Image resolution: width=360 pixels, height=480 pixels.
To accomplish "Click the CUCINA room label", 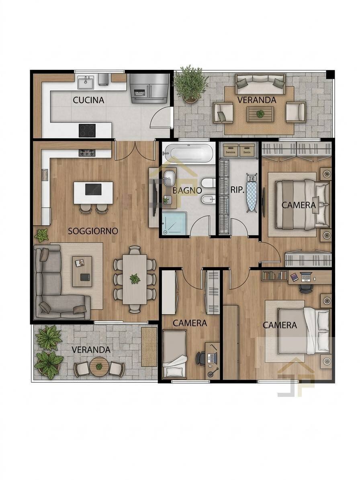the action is pyautogui.click(x=88, y=100).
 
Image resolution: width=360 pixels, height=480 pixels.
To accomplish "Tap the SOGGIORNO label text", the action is pyautogui.click(x=93, y=231).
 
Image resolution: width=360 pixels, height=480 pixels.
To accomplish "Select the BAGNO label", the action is pyautogui.click(x=187, y=190).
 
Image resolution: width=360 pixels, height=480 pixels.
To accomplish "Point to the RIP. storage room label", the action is pyautogui.click(x=237, y=190).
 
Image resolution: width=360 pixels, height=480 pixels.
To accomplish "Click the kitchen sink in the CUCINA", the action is pyautogui.click(x=86, y=82).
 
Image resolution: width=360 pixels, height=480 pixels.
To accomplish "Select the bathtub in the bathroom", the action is pyautogui.click(x=188, y=153).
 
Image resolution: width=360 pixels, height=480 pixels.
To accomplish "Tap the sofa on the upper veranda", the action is pyautogui.click(x=260, y=84).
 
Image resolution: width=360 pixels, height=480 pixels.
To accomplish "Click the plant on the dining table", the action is pyautogui.click(x=134, y=279).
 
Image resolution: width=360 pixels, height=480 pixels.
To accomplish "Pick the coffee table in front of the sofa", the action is pyautogui.click(x=82, y=271).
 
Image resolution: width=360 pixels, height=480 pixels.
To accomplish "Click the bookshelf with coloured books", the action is pyautogui.click(x=274, y=275).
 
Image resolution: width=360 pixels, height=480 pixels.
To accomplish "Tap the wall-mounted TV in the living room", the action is pyautogui.click(x=155, y=198).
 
